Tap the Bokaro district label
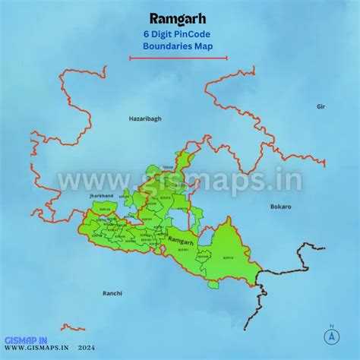(x=280, y=206)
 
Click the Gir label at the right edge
(x=321, y=107)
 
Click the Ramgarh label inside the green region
(x=181, y=240)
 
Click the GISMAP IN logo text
(x=26, y=341)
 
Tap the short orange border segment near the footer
(x=73, y=328)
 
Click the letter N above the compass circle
(x=332, y=328)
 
